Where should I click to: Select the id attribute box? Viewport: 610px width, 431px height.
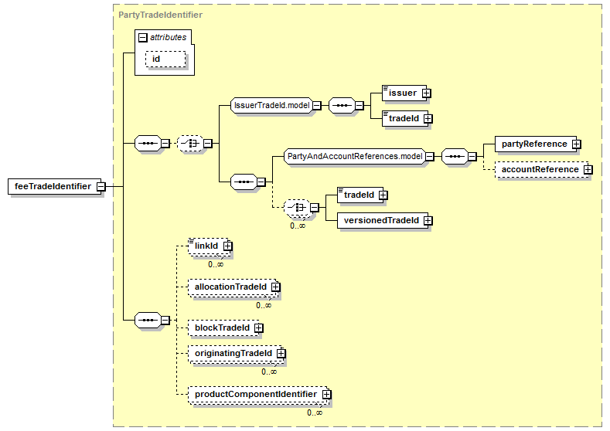(165, 59)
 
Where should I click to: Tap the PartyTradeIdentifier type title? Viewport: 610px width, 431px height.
(160, 15)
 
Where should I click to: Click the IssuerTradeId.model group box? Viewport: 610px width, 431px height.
(271, 105)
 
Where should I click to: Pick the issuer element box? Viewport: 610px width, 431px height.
(404, 93)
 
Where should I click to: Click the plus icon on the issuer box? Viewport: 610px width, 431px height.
(426, 93)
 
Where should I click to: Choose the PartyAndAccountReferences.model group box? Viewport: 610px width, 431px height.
(354, 156)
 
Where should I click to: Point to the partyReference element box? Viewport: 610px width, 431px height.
(536, 144)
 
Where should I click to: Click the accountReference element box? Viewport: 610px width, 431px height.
(541, 169)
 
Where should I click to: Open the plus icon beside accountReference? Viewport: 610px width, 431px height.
(588, 169)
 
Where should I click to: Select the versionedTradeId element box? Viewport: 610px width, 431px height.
(383, 220)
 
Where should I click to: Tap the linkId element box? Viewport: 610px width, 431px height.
(209, 246)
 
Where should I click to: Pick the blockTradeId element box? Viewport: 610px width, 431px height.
(223, 327)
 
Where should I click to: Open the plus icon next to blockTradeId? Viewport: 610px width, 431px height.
(259, 328)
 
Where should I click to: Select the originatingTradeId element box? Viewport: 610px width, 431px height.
(235, 353)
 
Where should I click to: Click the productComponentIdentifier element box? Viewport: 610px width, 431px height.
(258, 394)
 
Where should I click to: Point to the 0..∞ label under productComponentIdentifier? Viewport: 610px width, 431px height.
(315, 412)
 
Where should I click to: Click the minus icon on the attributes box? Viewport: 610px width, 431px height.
(143, 37)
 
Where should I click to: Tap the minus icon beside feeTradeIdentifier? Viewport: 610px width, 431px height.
(101, 187)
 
